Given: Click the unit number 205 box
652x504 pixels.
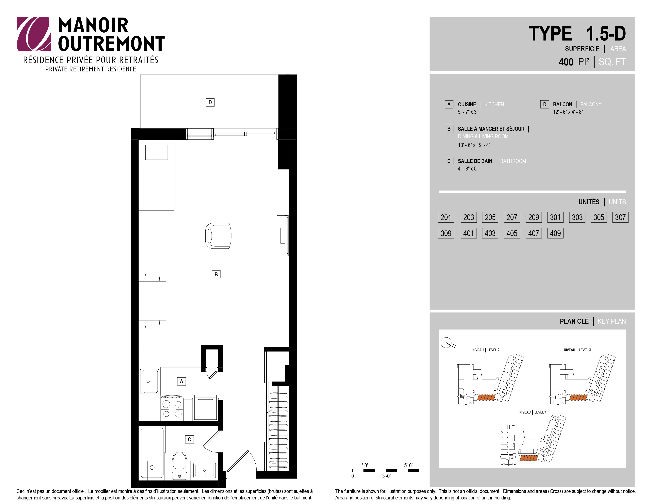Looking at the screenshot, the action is (490, 217).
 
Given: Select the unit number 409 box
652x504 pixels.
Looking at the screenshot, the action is (555, 233).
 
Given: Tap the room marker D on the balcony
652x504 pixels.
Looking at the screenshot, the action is (210, 102).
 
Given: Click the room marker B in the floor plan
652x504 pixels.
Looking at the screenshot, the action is (216, 274).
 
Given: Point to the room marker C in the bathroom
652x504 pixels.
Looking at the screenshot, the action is (189, 440).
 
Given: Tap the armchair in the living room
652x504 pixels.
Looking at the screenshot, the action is (218, 236).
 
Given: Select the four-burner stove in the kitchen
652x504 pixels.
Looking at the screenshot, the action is (172, 408).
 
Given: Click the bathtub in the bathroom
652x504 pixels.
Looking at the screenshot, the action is (152, 453).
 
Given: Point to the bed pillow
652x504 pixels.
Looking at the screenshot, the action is (156, 152).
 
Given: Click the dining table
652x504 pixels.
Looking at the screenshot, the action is (152, 301).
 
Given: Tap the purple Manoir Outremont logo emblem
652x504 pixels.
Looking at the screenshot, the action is (33, 34).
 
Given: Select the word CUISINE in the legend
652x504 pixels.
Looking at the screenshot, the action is (467, 105).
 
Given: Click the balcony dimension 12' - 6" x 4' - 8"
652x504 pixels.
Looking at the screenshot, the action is (568, 112).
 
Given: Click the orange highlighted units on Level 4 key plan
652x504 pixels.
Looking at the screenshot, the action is (529, 458).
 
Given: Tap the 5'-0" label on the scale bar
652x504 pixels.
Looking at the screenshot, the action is (409, 465).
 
